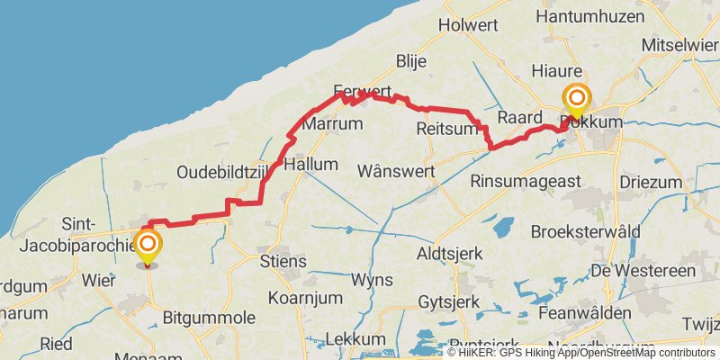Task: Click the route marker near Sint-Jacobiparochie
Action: (147, 246)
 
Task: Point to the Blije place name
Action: (411, 61)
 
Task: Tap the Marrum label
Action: (332, 124)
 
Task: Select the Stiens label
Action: (283, 262)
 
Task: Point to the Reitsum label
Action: (446, 130)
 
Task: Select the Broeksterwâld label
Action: (585, 231)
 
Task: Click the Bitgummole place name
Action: (209, 317)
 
